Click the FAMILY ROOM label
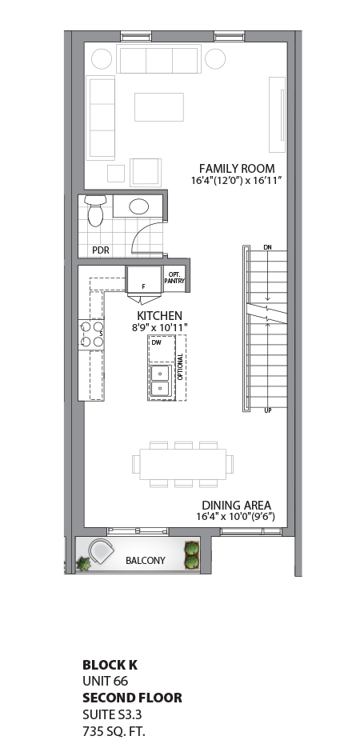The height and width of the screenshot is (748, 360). (x=236, y=169)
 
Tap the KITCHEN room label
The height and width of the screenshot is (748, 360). (x=159, y=316)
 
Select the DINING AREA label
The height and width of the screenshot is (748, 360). (x=236, y=505)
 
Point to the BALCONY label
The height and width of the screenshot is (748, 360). (x=146, y=561)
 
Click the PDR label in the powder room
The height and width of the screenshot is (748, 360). (x=100, y=250)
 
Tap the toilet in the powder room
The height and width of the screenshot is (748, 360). (x=95, y=210)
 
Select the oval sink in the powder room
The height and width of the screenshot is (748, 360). (x=137, y=206)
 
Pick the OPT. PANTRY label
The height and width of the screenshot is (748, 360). (x=174, y=278)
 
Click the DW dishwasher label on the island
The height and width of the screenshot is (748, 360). (x=156, y=343)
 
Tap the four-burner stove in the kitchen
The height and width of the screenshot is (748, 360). (x=90, y=334)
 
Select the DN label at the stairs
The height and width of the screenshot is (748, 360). (x=267, y=249)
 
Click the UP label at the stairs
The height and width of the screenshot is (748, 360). (x=266, y=410)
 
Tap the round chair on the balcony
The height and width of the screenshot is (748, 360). (x=103, y=553)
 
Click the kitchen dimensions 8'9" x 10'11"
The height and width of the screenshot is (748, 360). (x=158, y=328)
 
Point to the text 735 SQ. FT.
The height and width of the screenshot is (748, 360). (x=114, y=731)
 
